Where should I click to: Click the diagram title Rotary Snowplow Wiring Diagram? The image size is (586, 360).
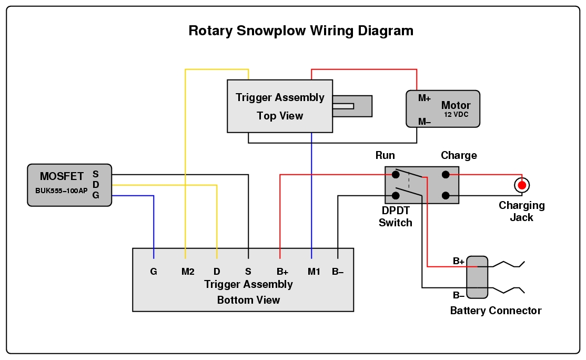300,31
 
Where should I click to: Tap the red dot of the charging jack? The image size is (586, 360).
521,185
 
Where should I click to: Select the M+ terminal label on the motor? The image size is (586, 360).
425,98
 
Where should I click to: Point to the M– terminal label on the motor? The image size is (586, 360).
425,122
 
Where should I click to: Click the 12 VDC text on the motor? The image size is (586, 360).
456,115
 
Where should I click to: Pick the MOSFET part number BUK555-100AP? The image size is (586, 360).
62,191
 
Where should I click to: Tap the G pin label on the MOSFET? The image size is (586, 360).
95,195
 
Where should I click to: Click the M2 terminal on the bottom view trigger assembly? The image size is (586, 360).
188,272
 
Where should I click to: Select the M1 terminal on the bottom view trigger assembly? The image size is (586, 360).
314,272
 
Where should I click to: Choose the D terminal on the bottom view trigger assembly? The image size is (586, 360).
217,272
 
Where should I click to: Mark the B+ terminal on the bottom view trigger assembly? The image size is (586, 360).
282,272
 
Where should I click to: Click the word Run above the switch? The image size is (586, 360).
385,156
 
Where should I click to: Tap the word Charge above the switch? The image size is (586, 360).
459,156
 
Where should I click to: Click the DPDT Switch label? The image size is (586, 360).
396,216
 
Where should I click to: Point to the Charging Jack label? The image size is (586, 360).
521,212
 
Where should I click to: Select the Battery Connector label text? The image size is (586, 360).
496,311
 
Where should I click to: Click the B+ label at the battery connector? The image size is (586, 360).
459,261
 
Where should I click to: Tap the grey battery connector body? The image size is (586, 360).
477,277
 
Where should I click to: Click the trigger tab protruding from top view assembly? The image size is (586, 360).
352,106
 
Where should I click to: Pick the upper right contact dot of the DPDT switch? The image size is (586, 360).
446,175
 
